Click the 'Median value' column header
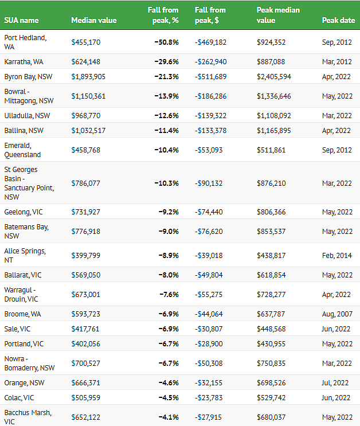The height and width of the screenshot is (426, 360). coord(94,21)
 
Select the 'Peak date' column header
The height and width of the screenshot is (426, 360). coord(338,21)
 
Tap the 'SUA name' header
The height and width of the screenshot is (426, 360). coord(21,21)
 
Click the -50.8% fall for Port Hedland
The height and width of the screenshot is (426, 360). coord(167,42)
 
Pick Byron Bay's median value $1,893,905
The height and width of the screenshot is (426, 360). coord(88,77)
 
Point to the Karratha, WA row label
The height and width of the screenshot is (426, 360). coord(24,62)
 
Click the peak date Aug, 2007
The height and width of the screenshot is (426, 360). coord(337,314)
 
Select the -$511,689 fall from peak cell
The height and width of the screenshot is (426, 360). coord(210,77)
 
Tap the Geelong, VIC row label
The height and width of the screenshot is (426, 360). coord(24,212)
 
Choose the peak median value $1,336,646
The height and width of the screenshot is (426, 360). coord(274,96)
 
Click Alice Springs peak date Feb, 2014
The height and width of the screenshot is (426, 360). coord(337,256)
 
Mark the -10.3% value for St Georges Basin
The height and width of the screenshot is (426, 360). coord(167,183)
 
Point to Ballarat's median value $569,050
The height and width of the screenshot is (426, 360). coord(86,275)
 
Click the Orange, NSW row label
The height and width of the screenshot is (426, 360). coord(24,383)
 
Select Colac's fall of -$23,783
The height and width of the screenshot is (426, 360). coord(209,398)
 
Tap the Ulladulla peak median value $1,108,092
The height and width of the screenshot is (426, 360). coord(274,116)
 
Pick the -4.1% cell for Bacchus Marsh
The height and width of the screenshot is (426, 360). coord(169,417)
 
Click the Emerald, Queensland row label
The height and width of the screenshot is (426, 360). coord(22,150)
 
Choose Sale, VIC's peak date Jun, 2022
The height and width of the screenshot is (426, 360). coord(336,329)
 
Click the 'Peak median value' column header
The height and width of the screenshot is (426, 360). coord(278,15)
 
